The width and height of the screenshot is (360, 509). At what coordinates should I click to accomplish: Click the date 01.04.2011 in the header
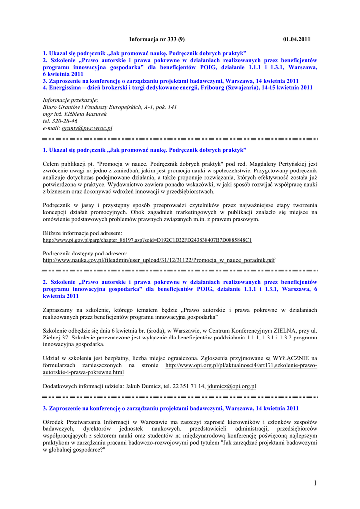pyautogui.click(x=297, y=39)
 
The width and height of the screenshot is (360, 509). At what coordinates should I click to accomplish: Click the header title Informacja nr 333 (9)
pyautogui.click(x=157, y=39)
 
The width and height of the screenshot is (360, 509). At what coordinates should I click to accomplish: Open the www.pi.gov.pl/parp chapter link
pyautogui.click(x=147, y=240)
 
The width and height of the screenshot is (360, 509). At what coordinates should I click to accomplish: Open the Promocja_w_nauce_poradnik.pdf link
pyautogui.click(x=159, y=260)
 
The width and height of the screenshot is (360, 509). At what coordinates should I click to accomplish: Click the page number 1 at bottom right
pyautogui.click(x=316, y=483)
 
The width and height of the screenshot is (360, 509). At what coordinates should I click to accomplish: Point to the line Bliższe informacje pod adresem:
pyautogui.click(x=83, y=233)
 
